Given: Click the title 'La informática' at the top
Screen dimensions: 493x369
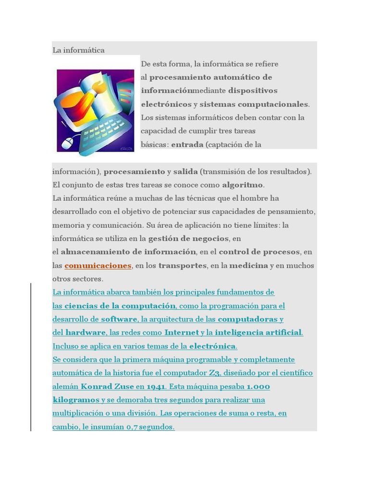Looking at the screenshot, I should (78, 50).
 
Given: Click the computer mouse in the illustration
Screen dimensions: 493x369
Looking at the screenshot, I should (69, 142).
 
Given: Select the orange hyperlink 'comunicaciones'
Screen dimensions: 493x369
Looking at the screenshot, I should (98, 265).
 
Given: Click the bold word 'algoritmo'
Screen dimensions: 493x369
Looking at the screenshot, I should (243, 185).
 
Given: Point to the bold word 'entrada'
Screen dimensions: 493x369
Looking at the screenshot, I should (187, 144).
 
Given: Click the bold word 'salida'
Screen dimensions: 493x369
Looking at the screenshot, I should (185, 171).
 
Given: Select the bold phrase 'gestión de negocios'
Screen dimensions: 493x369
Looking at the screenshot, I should (188, 238).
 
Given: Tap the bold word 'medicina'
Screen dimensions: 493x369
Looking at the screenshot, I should (248, 265).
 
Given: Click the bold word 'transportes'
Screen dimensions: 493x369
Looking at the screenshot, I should (183, 265).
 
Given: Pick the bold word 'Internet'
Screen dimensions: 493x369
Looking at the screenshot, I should (182, 332).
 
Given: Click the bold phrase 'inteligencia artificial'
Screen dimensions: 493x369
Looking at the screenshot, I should (258, 332).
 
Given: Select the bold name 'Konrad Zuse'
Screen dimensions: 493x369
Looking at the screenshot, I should (107, 386).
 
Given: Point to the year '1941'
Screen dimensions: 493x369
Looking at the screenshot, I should (156, 386).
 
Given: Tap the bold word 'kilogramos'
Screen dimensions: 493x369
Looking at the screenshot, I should (75, 400).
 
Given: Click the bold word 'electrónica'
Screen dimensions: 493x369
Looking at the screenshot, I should (212, 346).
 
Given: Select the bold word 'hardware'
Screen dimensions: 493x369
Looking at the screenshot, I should (86, 332).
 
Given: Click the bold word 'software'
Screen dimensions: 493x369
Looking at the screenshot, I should (119, 319).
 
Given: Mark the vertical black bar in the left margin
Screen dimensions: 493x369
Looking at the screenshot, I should (31, 357).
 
